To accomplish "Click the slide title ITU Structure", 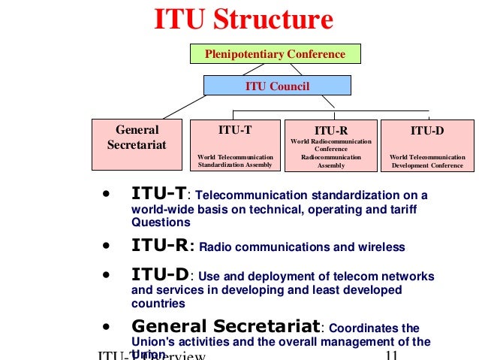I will (243, 20).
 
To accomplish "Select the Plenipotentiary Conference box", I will (275, 54).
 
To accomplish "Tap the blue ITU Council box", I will (277, 86).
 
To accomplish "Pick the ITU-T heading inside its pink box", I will (235, 130).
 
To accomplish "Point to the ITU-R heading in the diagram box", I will (330, 130).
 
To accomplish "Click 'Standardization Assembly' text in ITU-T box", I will (235, 165).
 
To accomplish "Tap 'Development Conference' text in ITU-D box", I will (427, 165).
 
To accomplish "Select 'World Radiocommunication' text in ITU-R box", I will (330, 141).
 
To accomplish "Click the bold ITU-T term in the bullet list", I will (158, 195).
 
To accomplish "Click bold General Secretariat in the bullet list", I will (226, 327).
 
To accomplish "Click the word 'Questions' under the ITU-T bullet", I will (161, 223).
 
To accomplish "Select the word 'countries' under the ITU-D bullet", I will (158, 304).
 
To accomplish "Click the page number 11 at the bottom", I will (390, 355).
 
